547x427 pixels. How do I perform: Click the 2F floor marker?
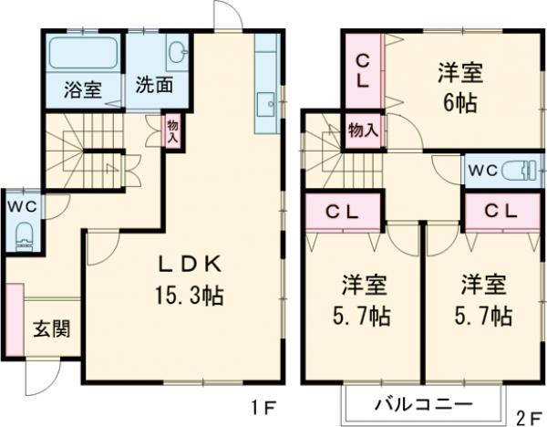(x=528, y=419)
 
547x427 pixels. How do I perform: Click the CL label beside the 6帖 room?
(x=363, y=69)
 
